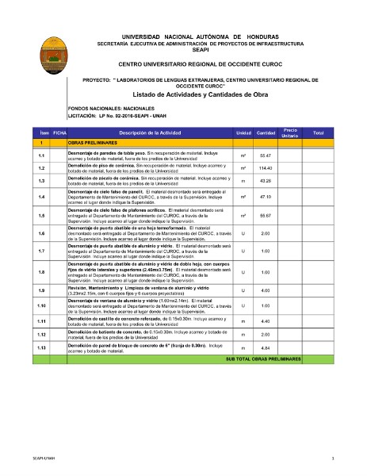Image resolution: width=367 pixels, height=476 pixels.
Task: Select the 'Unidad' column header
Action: tap(243, 132)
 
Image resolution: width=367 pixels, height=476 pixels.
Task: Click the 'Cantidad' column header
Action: tap(266, 132)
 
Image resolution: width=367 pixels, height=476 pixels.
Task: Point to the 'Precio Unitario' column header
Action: tap(289, 132)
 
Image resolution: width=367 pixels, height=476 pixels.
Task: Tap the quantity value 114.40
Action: tap(266, 168)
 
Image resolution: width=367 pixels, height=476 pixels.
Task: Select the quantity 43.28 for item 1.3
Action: tap(266, 181)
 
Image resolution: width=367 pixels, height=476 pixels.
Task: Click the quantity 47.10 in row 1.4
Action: tap(266, 196)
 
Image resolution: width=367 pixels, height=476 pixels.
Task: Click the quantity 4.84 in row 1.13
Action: tap(266, 347)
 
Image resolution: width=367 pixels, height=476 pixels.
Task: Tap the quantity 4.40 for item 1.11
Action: tap(266, 321)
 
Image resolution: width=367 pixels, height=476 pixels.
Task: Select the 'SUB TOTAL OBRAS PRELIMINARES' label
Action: tap(264, 359)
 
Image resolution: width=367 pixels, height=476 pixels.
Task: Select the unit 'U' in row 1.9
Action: tap(243, 290)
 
